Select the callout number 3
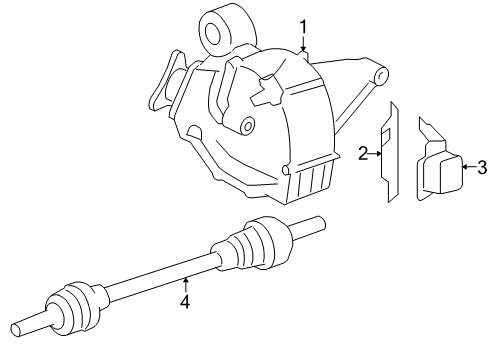tap(480, 167)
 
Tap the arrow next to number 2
tap(377, 153)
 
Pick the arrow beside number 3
tap(466, 167)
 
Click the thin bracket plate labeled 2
tap(389, 150)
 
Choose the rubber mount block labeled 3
tap(439, 170)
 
